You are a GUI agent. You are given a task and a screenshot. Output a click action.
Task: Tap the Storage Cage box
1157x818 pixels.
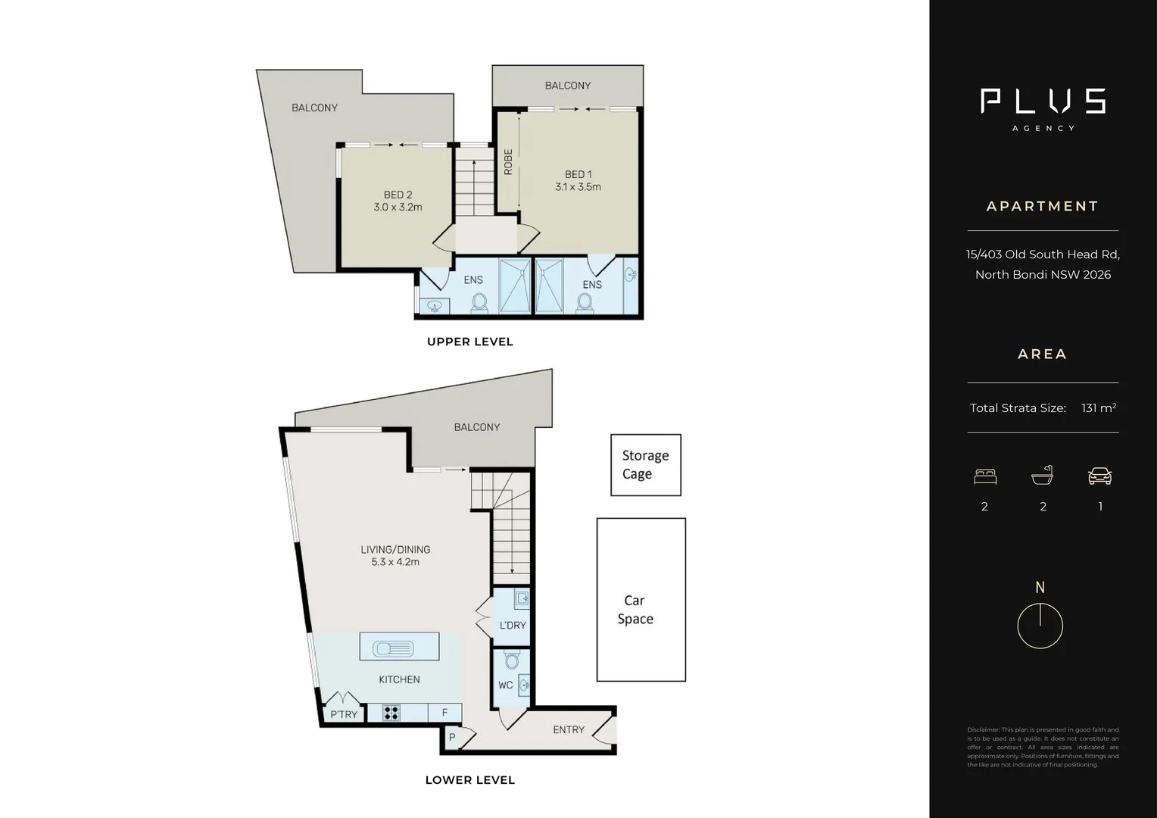tap(646, 465)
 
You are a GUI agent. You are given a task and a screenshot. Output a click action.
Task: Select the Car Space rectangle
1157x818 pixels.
tap(641, 599)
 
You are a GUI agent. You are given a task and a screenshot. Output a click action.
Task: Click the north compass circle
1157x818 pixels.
tap(1040, 626)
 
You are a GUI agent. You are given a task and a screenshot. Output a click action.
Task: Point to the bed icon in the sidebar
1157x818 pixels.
tap(985, 476)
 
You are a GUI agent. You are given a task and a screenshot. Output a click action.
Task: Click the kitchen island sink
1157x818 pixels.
tap(392, 648)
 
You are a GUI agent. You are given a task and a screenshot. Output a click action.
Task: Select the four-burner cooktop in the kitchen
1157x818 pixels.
tap(391, 713)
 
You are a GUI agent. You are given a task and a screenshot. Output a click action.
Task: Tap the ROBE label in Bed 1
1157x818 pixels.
tap(508, 162)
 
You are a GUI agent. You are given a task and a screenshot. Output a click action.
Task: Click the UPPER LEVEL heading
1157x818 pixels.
tap(470, 342)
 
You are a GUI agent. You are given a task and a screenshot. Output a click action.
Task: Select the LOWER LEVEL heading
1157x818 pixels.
tap(469, 780)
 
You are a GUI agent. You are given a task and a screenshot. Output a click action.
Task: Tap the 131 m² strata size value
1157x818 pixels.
tap(1099, 408)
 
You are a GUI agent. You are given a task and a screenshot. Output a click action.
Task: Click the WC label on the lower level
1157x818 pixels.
tap(505, 685)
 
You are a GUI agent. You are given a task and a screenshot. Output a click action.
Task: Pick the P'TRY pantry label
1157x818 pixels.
tap(344, 714)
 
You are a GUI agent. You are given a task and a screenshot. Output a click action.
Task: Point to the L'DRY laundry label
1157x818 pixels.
tap(513, 626)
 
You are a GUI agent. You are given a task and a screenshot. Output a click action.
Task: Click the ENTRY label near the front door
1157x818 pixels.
tap(569, 729)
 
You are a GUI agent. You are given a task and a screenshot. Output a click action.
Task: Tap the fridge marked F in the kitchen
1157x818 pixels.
tap(445, 713)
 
